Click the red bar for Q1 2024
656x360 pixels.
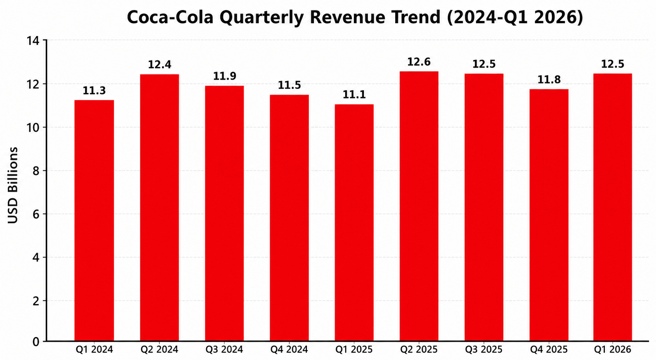point(94,220)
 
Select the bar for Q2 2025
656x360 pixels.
point(419,206)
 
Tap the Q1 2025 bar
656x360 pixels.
point(354,222)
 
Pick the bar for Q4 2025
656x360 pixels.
point(549,215)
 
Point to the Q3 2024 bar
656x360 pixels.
point(224,214)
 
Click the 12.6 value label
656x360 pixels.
point(419,62)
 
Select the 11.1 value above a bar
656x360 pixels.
point(354,95)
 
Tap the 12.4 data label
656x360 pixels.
point(160,64)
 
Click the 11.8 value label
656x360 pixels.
point(549,80)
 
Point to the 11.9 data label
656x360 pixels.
point(225,76)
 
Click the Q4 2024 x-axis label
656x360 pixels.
point(289,350)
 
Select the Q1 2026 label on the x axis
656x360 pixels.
point(613,350)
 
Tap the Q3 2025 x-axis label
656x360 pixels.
point(484,350)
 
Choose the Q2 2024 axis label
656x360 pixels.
point(159,350)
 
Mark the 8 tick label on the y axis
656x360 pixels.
point(36,171)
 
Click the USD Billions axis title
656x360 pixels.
point(12,185)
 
